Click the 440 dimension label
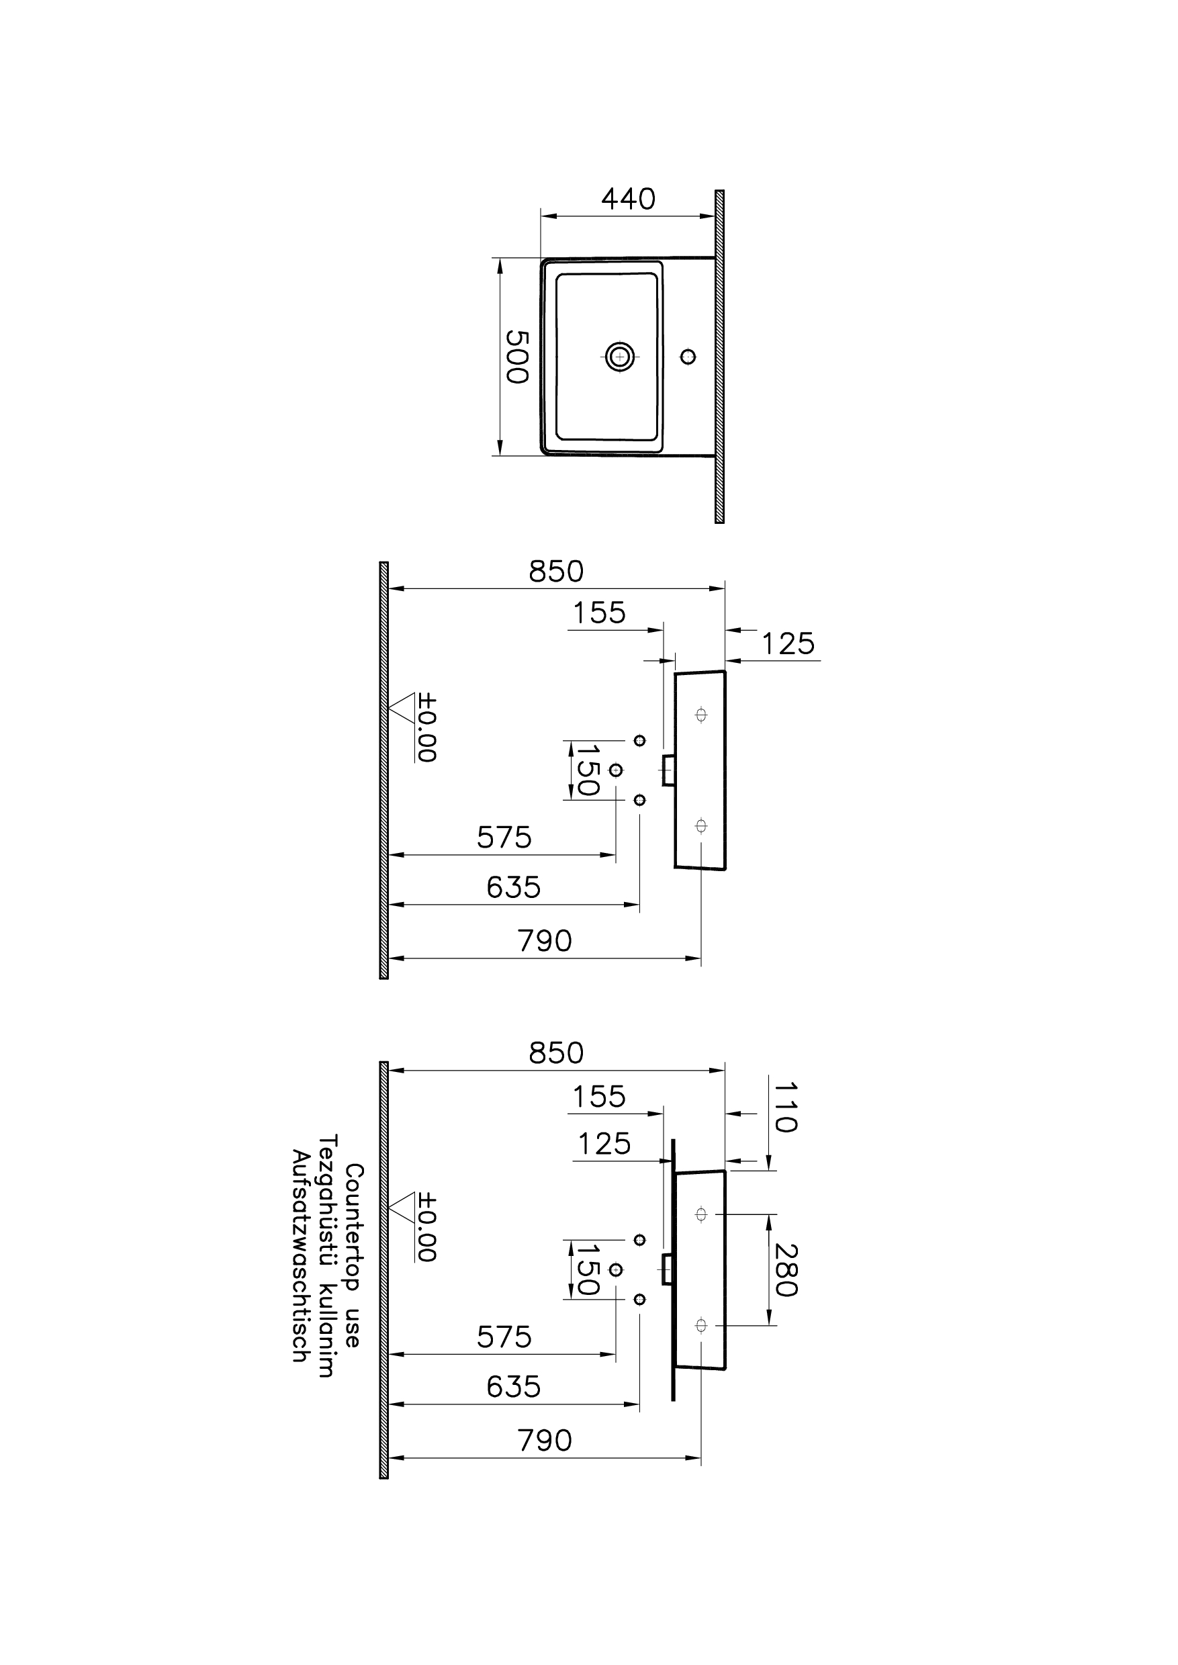click(628, 199)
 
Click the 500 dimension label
click(516, 356)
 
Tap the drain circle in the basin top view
click(619, 356)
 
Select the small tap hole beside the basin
click(688, 356)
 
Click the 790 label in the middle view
click(545, 941)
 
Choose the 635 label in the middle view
click(514, 887)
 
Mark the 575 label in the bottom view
click(504, 1337)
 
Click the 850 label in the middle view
click(555, 572)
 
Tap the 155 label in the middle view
click(599, 613)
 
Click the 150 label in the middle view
click(586, 770)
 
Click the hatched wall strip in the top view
click(719, 356)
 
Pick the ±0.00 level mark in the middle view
click(426, 727)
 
